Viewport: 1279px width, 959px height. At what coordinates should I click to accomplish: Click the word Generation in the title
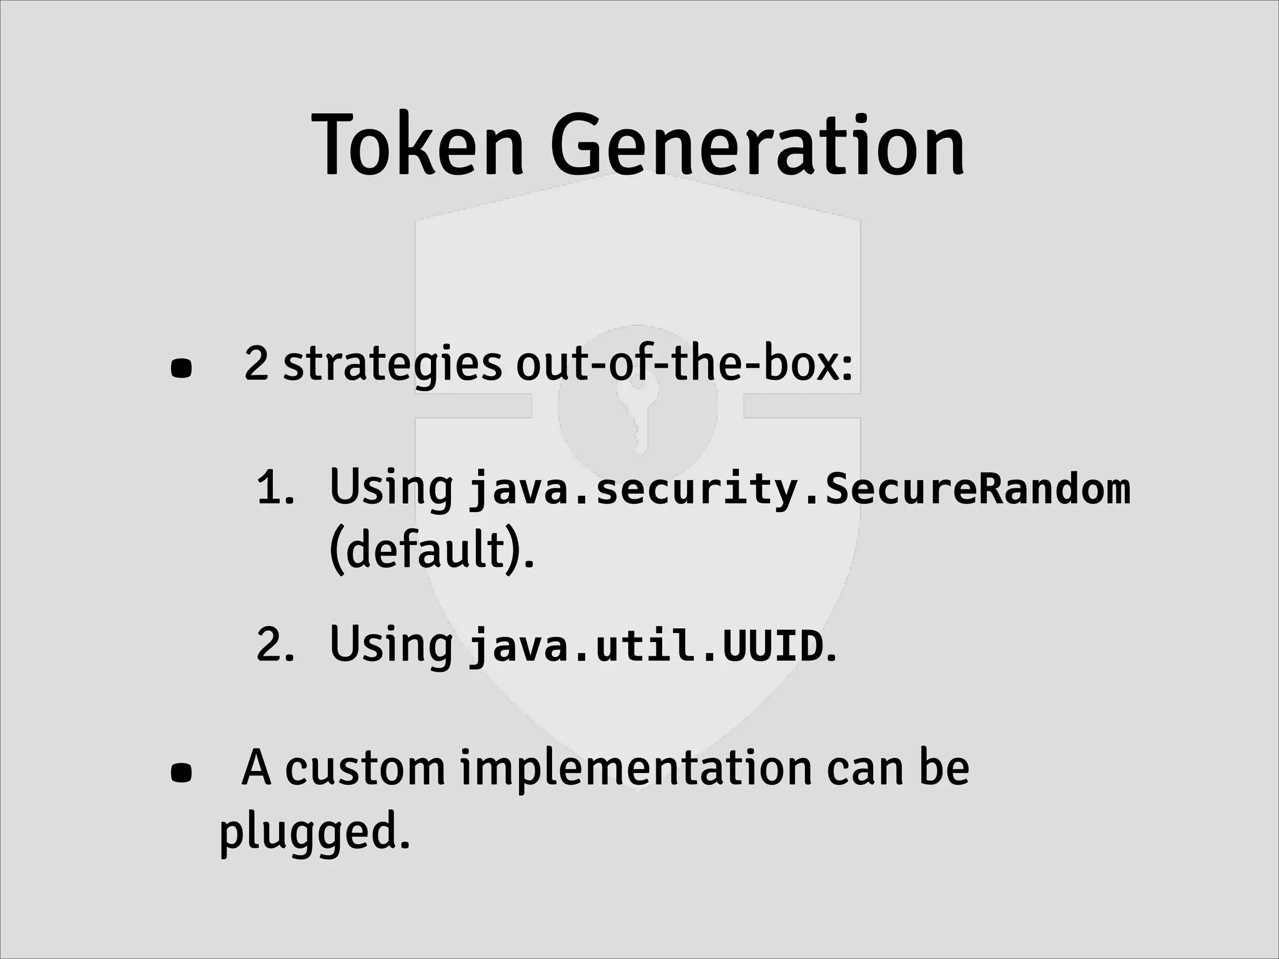tap(758, 145)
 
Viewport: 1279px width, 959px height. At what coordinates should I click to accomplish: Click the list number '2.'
tap(275, 646)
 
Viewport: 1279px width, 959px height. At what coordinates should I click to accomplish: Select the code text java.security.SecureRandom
tap(799, 488)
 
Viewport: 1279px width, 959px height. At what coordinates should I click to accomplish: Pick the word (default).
tap(431, 551)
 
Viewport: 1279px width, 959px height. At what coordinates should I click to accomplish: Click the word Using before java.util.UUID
tap(391, 646)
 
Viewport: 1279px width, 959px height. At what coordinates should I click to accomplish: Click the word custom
tap(365, 768)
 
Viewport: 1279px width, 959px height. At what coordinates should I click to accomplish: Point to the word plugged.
tap(314, 833)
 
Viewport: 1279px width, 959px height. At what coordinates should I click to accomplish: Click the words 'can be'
tap(897, 768)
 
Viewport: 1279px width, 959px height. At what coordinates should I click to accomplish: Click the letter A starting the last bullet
tap(256, 768)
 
